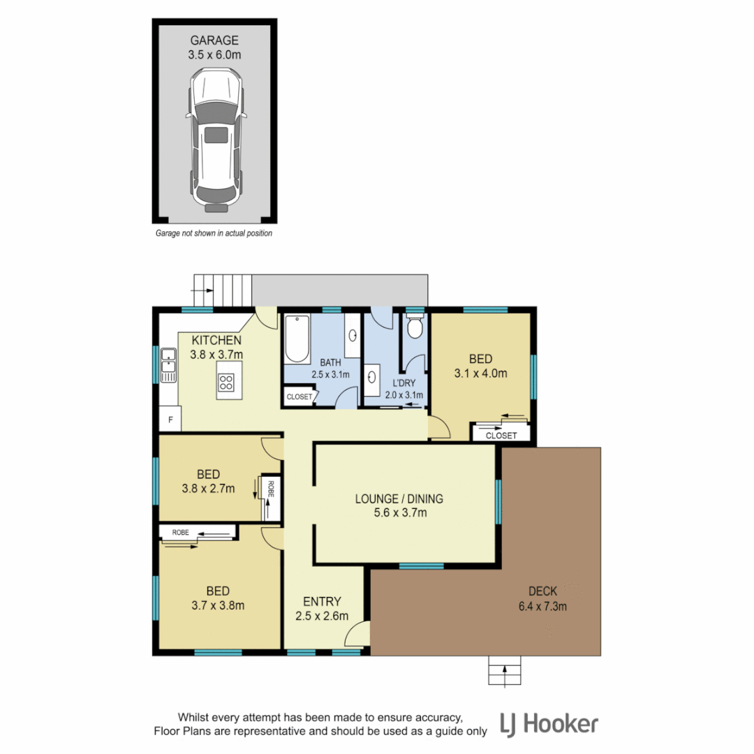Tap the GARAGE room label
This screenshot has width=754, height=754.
[x=215, y=40]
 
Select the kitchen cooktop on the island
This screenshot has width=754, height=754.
[x=226, y=382]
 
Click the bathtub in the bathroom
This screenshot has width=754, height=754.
[x=297, y=339]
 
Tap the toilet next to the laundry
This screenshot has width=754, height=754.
[x=415, y=327]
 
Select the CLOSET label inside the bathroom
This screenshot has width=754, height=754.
[x=299, y=397]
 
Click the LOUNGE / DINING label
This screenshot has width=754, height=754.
[x=399, y=498]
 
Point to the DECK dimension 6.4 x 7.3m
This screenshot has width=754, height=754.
[x=542, y=606]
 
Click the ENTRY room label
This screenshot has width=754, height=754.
[x=322, y=601]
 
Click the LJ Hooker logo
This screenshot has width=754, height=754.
[x=549, y=724]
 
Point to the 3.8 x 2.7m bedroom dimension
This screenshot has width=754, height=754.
[x=208, y=488]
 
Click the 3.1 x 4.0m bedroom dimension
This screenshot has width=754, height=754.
[x=480, y=374]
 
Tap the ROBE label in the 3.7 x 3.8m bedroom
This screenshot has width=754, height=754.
[x=181, y=532]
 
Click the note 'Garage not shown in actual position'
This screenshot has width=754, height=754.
[x=214, y=234]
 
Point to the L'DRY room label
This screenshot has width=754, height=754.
[x=404, y=383]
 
